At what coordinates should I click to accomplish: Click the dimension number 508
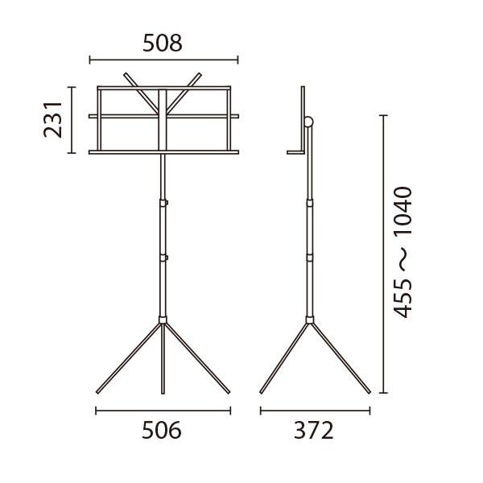coord(163,43)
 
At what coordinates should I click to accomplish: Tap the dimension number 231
coord(52,119)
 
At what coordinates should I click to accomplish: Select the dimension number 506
coord(162,431)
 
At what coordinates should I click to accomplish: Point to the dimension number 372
coord(314,431)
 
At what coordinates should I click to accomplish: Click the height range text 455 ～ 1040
coord(402,252)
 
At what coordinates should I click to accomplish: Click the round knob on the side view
coord(308,122)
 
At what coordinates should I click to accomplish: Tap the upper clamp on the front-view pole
coord(163,203)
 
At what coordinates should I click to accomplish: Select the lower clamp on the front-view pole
coord(163,258)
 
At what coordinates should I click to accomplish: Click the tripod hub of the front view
coord(163,320)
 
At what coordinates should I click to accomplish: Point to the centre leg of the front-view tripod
coord(163,358)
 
